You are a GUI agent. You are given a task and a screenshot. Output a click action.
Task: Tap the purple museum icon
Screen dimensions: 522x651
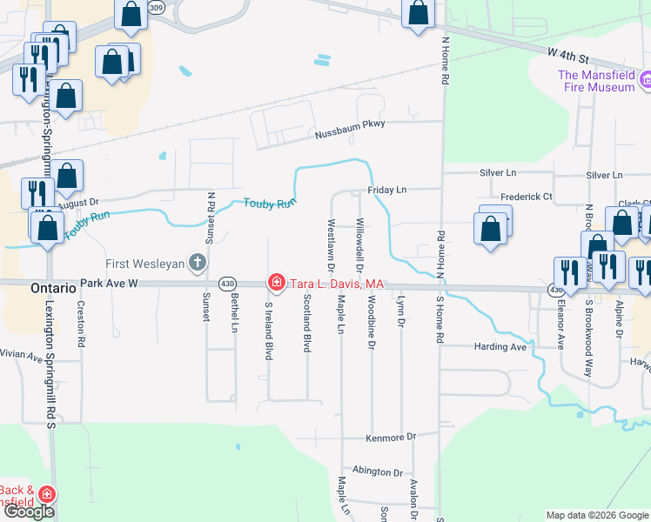645,82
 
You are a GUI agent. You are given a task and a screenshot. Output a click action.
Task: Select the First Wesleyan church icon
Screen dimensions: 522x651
198,262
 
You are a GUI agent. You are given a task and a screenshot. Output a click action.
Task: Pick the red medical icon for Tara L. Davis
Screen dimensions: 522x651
277,282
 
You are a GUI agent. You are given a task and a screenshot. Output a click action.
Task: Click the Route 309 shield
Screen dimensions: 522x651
155,7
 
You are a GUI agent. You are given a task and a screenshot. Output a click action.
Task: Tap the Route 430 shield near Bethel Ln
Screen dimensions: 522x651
228,284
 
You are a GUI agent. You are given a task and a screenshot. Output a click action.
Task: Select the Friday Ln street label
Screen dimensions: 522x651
386,190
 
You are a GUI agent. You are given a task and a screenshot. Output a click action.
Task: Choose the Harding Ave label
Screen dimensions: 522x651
500,346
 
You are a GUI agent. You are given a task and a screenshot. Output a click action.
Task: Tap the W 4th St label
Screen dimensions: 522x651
569,55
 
